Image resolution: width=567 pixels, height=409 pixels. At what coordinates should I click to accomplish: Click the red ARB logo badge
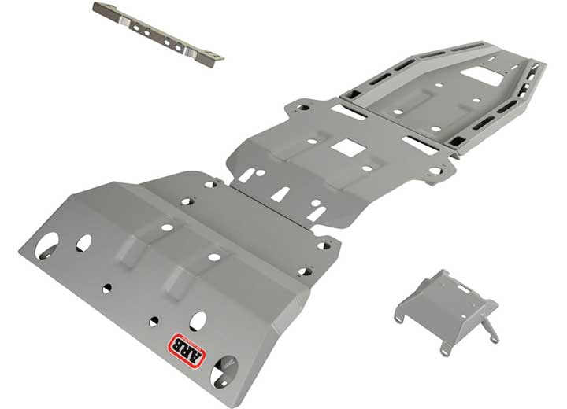[186, 351]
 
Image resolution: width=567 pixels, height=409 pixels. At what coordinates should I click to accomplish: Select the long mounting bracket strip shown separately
[158, 35]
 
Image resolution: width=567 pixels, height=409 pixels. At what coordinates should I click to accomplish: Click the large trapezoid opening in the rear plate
[487, 76]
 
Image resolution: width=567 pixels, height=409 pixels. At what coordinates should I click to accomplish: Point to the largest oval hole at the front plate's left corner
[46, 245]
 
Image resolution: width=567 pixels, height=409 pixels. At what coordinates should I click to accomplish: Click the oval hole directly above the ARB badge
[198, 321]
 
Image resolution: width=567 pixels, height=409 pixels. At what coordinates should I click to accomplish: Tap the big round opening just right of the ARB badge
[224, 372]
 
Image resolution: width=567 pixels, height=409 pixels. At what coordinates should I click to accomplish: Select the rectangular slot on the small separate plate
[461, 289]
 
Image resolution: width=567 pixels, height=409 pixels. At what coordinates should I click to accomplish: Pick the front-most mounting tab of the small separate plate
[446, 350]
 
